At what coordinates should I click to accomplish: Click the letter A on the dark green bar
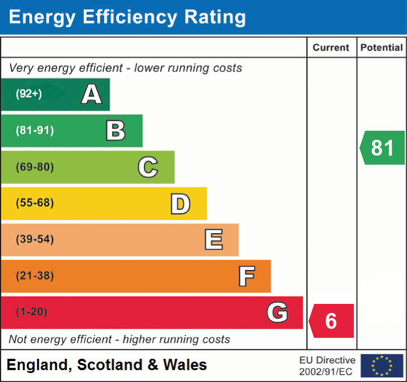[92, 95]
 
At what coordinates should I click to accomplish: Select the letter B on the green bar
[115, 131]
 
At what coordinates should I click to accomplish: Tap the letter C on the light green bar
[148, 167]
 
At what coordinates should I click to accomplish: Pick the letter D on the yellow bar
[181, 204]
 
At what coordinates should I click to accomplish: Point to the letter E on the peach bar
[213, 240]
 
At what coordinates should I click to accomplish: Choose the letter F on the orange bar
[246, 277]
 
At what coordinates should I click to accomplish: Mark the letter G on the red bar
[277, 312]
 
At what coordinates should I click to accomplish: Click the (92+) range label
[29, 94]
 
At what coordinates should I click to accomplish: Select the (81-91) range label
[35, 131]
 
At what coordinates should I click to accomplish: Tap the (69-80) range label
[35, 167]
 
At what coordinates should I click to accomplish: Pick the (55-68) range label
[35, 203]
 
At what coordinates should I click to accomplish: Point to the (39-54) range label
[35, 239]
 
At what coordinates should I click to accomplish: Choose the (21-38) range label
[35, 276]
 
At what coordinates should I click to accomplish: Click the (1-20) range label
[32, 312]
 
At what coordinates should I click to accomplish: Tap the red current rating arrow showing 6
[332, 321]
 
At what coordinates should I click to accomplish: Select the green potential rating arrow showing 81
[383, 148]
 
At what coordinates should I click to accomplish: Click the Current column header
[332, 48]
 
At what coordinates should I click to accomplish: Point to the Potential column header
[382, 48]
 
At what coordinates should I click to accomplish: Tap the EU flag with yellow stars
[382, 366]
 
